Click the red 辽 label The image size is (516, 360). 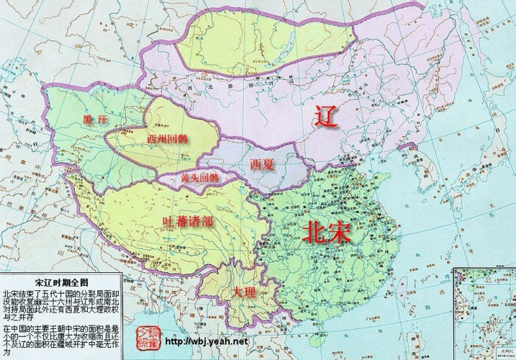326,117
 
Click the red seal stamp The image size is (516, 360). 146,333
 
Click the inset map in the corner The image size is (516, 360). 485,313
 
